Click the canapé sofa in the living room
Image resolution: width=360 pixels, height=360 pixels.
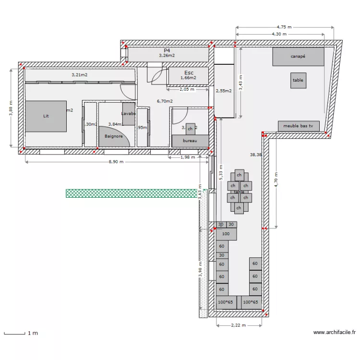(x=298, y=57)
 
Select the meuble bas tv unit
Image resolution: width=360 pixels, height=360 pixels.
(x=298, y=126)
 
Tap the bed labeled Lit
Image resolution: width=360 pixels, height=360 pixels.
(x=46, y=116)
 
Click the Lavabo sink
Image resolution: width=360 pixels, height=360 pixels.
(x=129, y=114)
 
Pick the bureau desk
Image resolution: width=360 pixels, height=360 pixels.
(x=190, y=141)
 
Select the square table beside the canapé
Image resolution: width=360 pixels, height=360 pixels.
(x=298, y=81)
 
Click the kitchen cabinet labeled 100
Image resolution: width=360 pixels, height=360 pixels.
(x=226, y=234)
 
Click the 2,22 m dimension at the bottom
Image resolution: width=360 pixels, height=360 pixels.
(x=238, y=325)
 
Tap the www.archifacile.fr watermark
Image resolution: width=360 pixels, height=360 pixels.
(x=335, y=332)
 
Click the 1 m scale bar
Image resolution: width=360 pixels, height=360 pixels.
(x=14, y=333)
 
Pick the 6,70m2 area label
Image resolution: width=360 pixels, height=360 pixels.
(x=165, y=101)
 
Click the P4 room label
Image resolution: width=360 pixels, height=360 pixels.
(x=167, y=50)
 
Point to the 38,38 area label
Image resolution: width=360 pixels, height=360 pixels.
(x=256, y=155)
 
